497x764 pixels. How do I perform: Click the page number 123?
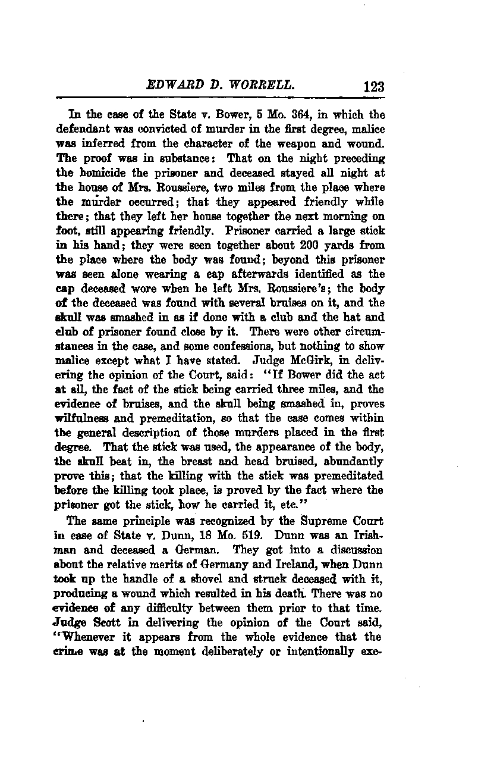click(x=373, y=87)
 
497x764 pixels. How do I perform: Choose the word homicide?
click(x=103, y=173)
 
